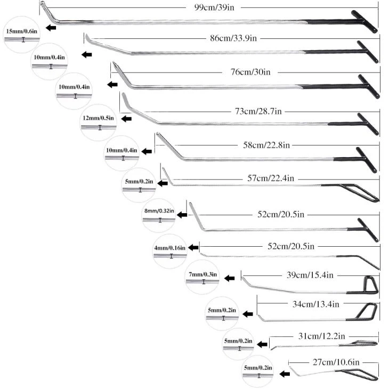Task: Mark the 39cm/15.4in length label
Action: [x=310, y=275]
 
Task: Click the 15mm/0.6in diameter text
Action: [x=22, y=32]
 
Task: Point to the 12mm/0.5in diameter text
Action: [x=98, y=118]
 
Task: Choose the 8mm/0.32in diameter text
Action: [x=158, y=211]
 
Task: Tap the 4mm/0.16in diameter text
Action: [x=169, y=248]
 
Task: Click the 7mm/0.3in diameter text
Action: [x=202, y=274]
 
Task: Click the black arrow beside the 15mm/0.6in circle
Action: [x=51, y=28]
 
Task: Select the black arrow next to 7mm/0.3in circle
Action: [x=230, y=278]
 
